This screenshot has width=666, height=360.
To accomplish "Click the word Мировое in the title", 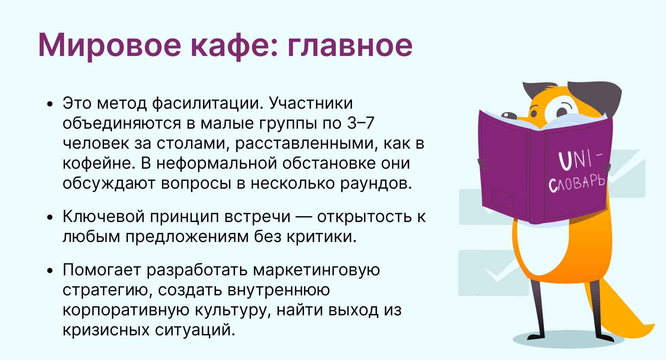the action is pos(110,45).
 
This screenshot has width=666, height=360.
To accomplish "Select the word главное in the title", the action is pos(350,45).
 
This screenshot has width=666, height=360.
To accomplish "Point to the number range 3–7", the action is pos(361,123).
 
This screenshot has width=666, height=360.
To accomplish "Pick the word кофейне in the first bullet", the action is pos(99,163).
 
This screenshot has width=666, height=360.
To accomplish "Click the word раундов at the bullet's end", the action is pos(376,183).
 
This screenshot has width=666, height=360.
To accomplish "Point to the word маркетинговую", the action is pos(316,270).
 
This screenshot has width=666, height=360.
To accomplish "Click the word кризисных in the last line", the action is pos(106,330).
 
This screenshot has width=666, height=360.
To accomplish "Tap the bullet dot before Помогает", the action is pos(50,271).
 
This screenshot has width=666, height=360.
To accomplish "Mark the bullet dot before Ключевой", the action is pos(50,217).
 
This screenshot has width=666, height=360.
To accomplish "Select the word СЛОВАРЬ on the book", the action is pos(577,183).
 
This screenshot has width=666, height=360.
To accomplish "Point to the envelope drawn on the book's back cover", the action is pos(503,199).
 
